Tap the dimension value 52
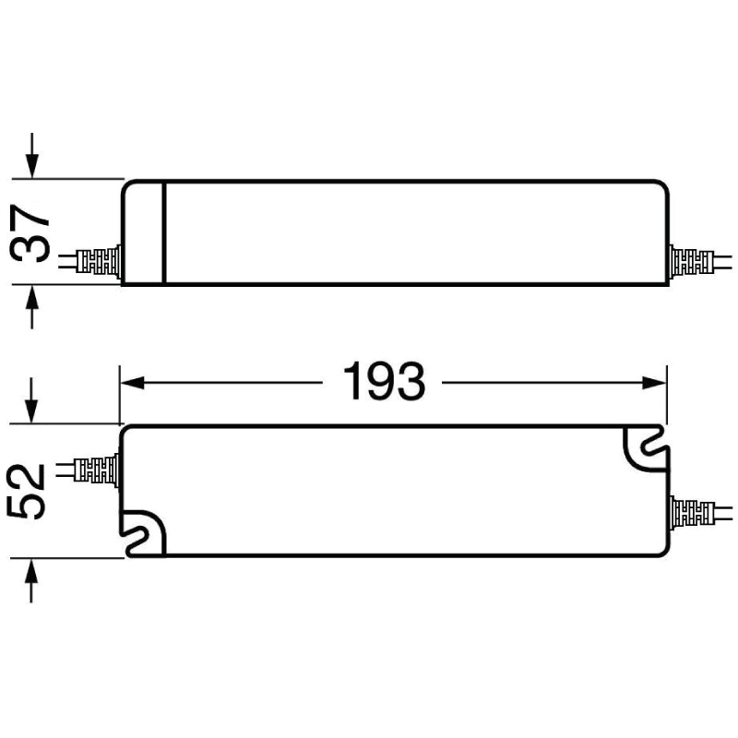pos(29,493)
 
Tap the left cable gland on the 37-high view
pos(100,262)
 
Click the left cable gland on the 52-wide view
pos(100,470)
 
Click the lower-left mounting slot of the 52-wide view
pos(144,534)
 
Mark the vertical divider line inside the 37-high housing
pos(164,232)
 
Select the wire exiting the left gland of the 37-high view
pos(66,262)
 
